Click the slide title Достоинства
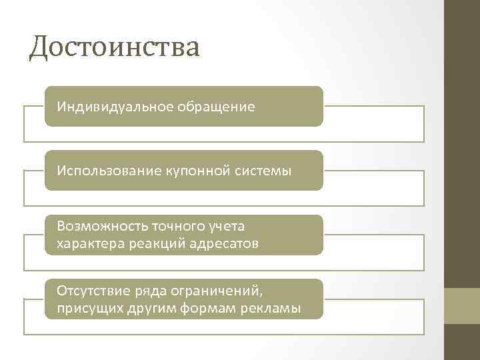coord(114,48)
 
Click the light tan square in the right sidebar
coord(463,305)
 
